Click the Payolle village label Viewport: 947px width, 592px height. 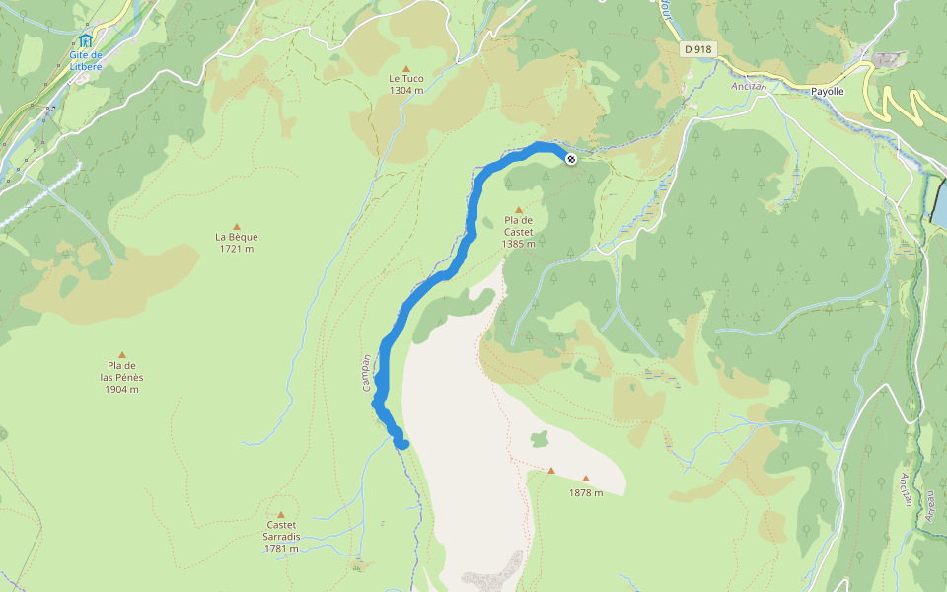pos(827,91)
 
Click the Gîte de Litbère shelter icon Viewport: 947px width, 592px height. pos(86,40)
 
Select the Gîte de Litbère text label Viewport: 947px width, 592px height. pos(86,60)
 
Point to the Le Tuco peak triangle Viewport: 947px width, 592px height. pos(405,68)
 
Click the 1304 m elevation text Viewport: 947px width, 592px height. pos(405,90)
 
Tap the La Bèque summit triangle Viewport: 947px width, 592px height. pos(236,226)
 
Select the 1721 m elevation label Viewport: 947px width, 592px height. pos(236,249)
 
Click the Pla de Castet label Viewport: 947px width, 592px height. pos(518,226)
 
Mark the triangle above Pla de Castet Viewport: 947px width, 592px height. pos(518,209)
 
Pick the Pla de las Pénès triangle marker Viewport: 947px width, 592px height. pos(122,355)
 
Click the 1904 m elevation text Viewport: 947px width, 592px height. pos(121,389)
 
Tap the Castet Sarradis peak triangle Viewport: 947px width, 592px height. pos(281,514)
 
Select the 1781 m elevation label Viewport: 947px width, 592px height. pos(281,548)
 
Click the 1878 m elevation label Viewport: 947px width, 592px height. pos(586,492)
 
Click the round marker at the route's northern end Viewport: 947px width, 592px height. pos(571,158)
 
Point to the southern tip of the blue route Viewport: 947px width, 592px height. pos(402,445)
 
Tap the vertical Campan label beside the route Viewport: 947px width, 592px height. pos(366,373)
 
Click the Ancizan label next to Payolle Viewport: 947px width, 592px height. pos(749,86)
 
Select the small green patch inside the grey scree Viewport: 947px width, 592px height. pos(539,438)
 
